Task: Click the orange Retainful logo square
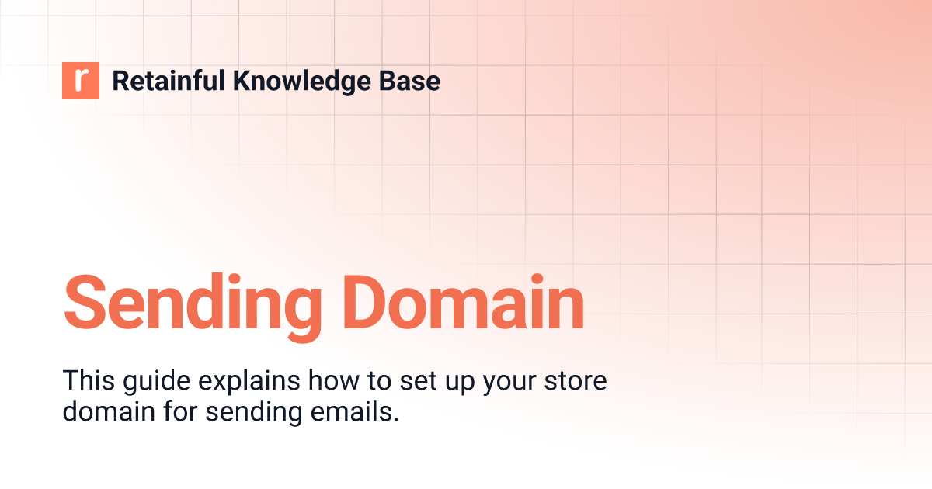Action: [81, 81]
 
